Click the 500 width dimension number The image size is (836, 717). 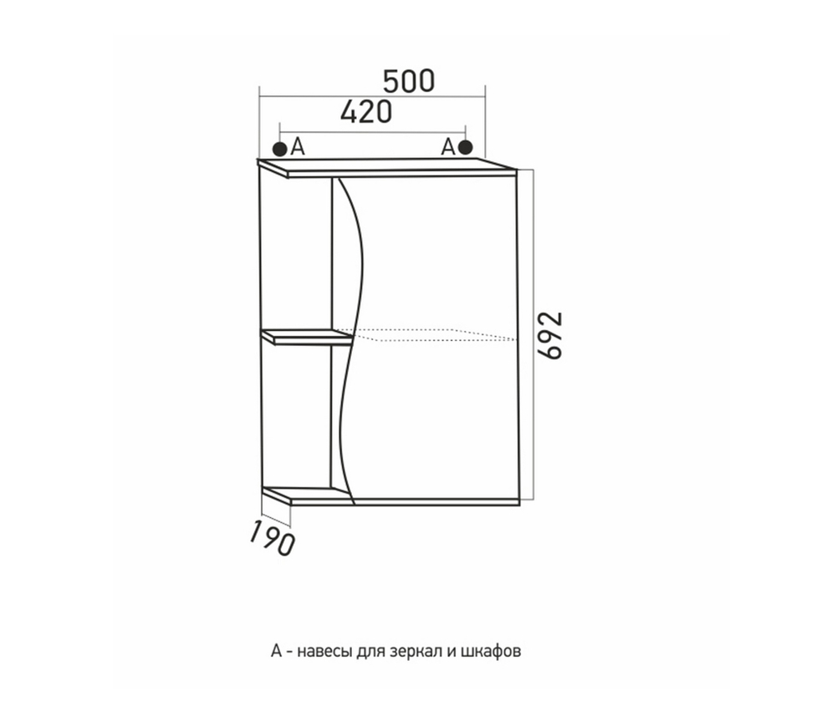(x=409, y=82)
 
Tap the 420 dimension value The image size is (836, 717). (x=366, y=112)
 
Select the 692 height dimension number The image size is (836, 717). (x=550, y=335)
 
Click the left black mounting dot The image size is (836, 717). (x=279, y=149)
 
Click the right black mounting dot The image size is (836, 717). (x=466, y=147)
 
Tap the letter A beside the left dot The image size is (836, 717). (x=298, y=147)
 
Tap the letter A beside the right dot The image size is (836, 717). (x=448, y=146)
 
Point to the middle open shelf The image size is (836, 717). (x=307, y=337)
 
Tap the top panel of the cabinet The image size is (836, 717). (x=387, y=167)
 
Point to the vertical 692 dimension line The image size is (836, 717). (x=533, y=335)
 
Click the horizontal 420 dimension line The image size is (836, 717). (x=373, y=132)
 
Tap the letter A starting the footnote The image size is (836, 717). (x=276, y=652)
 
